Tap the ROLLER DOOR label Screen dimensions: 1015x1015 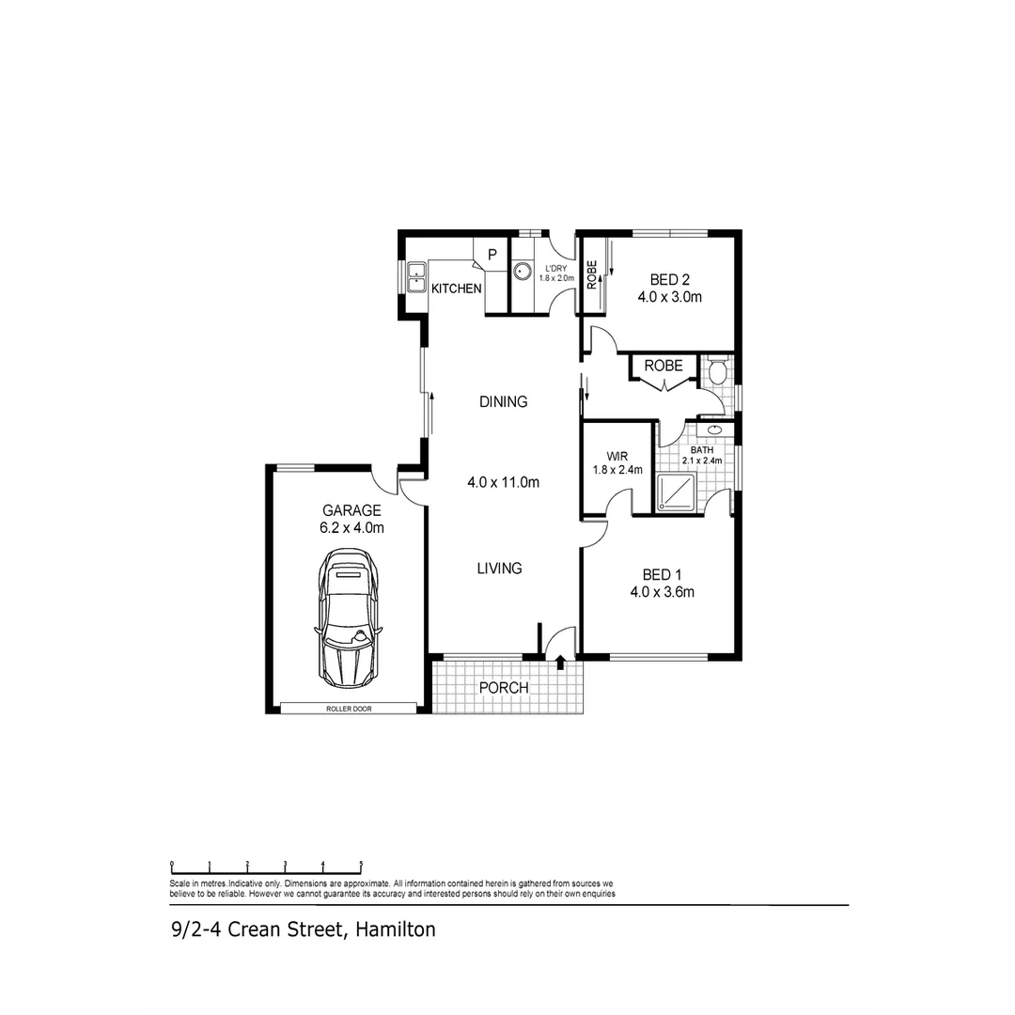pos(349,709)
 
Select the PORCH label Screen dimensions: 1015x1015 pos(504,688)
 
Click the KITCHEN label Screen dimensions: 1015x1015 pos(456,289)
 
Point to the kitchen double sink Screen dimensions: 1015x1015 pos(416,278)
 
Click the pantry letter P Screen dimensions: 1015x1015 pos(492,254)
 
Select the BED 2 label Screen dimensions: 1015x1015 pos(670,279)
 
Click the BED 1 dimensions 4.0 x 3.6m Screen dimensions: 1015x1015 pos(662,592)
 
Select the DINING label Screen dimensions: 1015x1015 pos(503,401)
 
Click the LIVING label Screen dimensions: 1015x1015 pos(499,569)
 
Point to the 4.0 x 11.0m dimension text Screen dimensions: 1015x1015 pos(503,483)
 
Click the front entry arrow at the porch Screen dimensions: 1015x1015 pos(561,664)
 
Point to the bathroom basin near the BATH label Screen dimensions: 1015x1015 pos(715,430)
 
